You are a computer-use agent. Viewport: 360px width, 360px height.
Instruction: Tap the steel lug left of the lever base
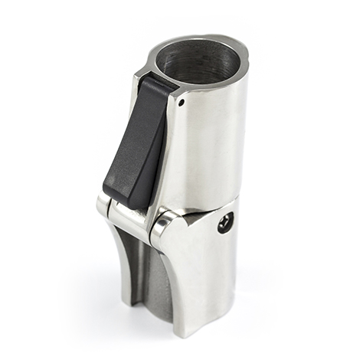point(103,205)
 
